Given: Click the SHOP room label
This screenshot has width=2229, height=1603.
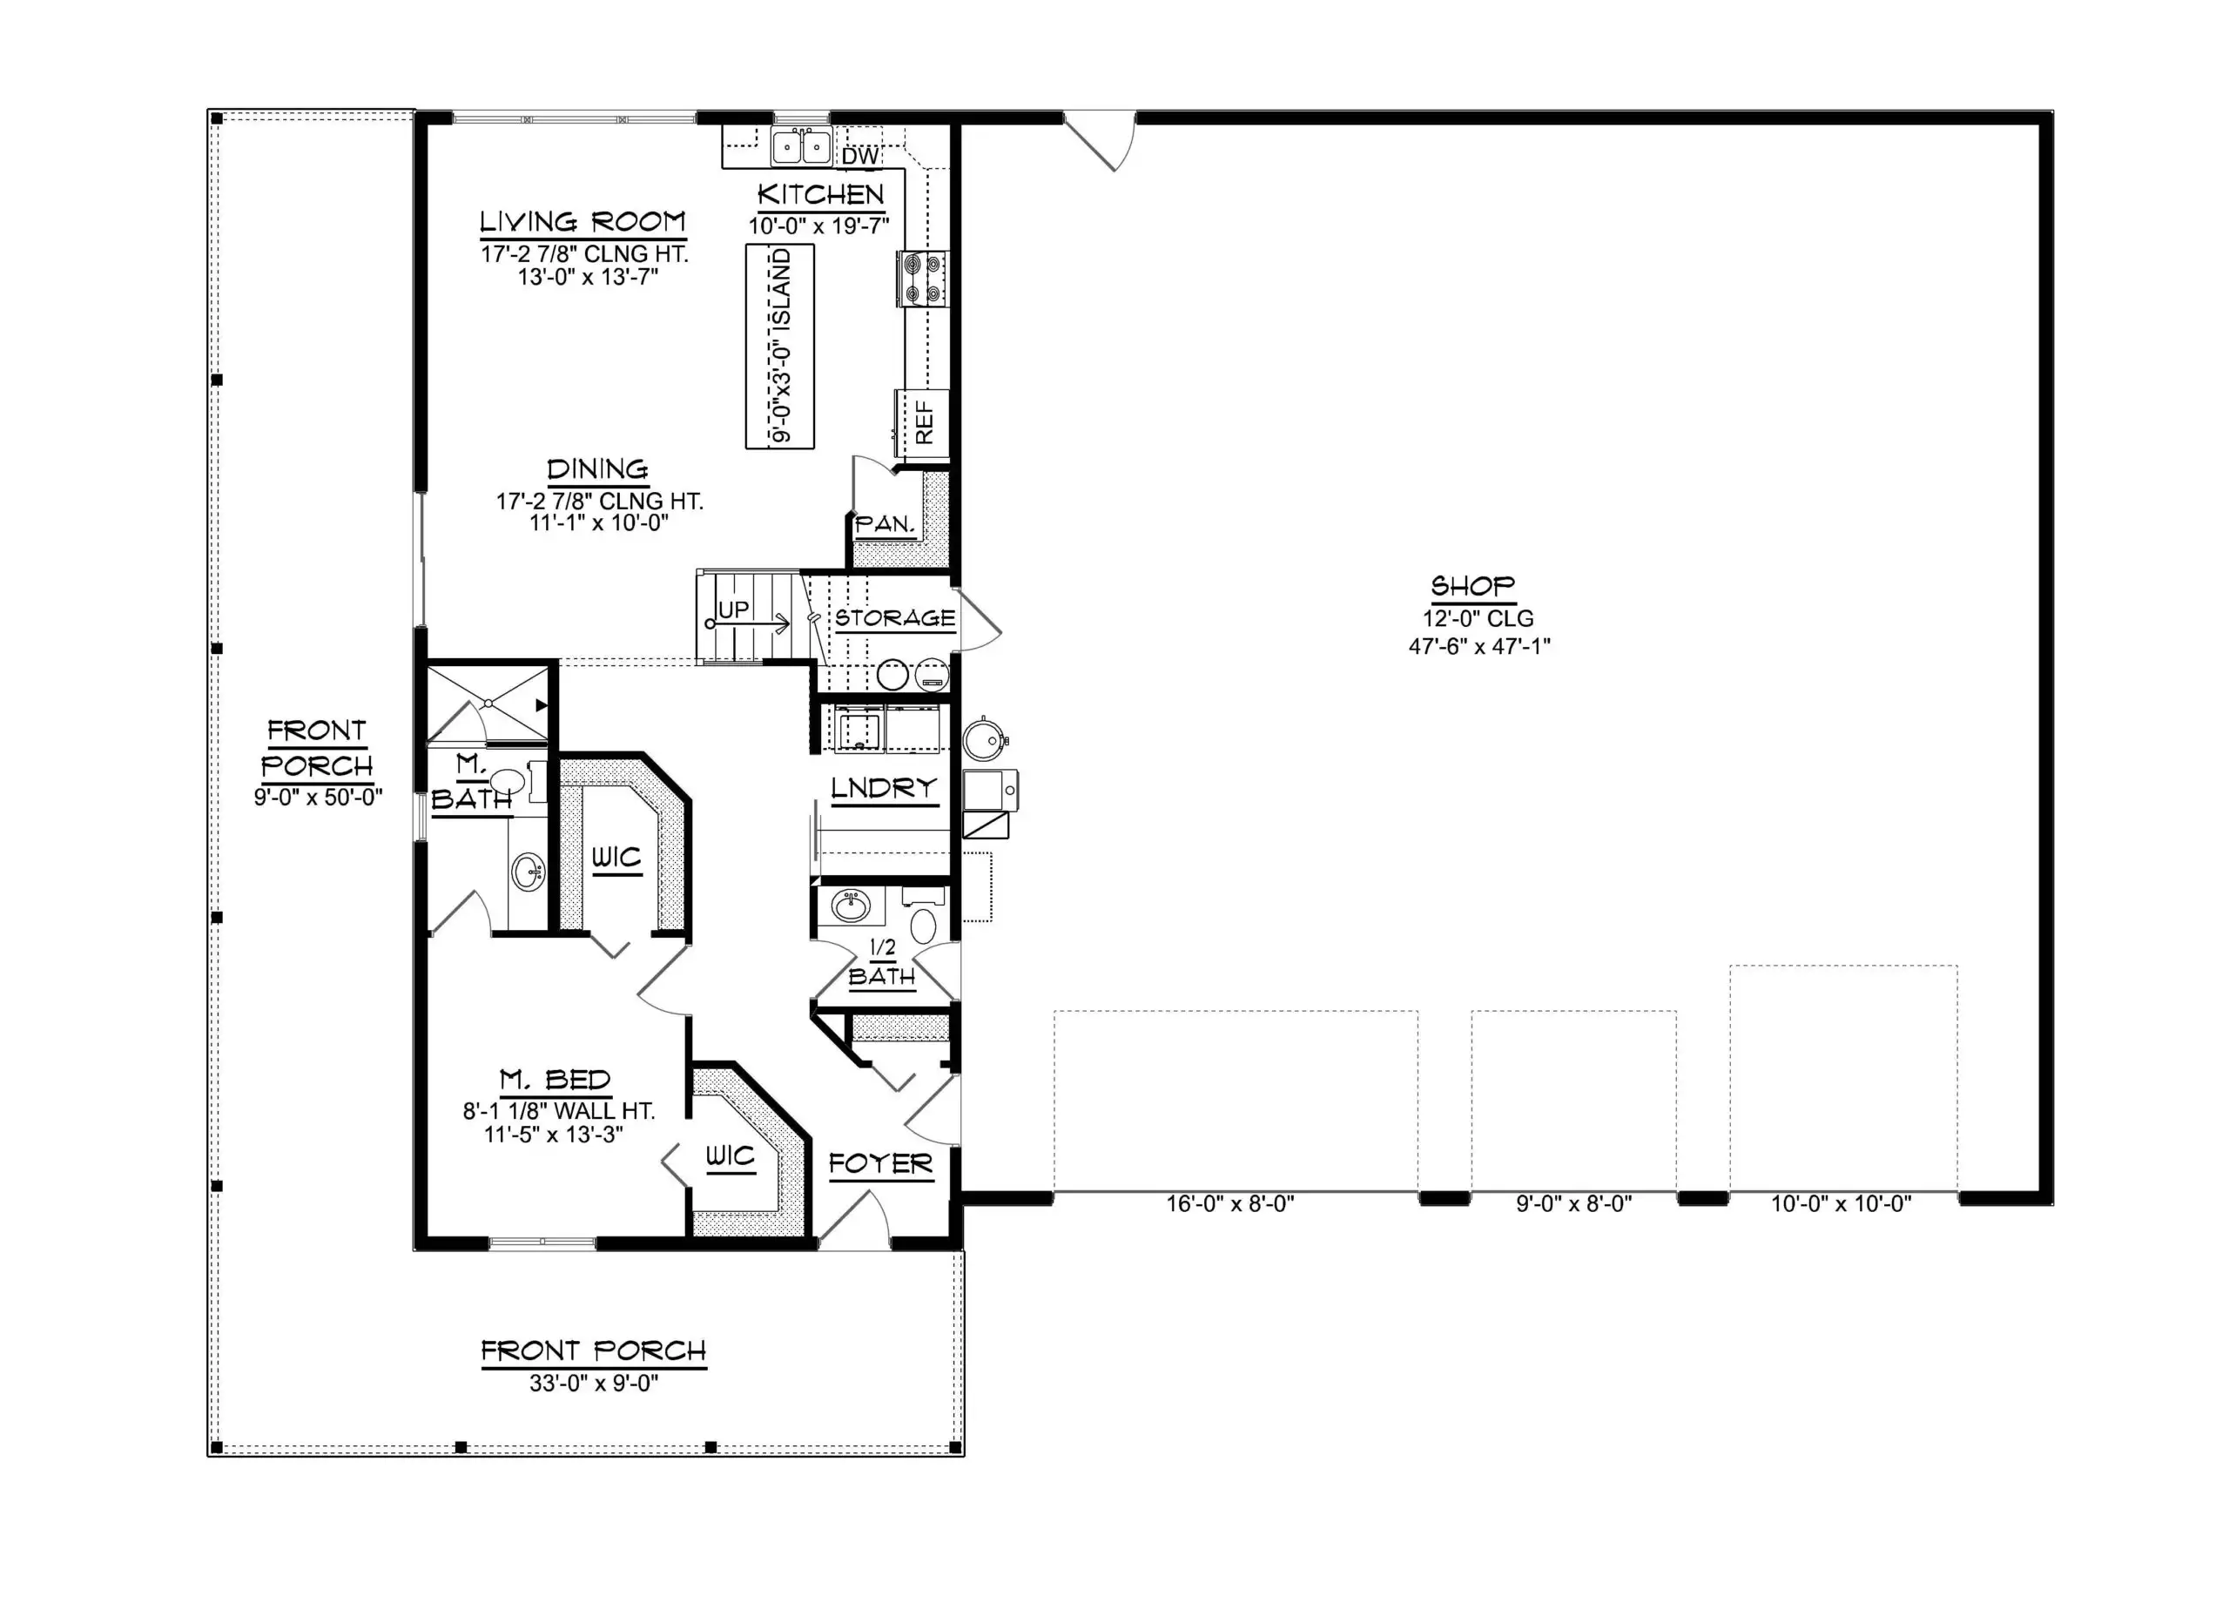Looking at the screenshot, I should point(1472,587).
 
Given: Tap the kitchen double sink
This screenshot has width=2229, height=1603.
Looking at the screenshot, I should point(801,146).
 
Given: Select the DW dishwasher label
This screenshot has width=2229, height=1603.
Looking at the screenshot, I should point(860,156).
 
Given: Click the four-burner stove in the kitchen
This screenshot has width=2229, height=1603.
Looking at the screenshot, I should point(922,278).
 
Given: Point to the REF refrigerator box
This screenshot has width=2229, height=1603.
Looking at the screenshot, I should point(923,422).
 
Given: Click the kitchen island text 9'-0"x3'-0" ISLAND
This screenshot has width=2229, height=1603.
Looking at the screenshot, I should point(780,346).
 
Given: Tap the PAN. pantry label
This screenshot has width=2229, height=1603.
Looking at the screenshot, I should point(885,525).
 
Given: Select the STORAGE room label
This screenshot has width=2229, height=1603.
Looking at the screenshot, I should point(894,618).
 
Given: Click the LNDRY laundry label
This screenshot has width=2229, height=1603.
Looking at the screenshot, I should point(884,788).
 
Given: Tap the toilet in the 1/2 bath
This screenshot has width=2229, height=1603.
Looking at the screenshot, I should point(924,925).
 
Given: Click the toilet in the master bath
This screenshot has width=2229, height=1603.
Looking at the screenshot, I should point(507,782).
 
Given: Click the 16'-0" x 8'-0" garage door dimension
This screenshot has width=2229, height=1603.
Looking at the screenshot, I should point(1229,1204).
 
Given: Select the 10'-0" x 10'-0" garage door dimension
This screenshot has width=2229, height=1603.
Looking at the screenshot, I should point(1841,1204).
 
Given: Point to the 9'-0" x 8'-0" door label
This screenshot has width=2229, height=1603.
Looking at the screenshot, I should point(1573,1204).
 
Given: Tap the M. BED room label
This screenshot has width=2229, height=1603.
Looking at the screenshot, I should point(556,1081).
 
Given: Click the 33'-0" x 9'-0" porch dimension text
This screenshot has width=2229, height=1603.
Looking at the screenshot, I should point(594,1384).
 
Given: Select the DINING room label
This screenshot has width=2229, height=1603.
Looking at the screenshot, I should point(597,468).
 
